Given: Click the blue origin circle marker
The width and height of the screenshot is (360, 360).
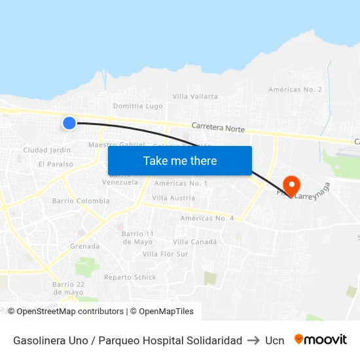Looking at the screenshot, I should [69, 122].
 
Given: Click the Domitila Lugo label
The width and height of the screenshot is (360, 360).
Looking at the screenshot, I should [137, 106].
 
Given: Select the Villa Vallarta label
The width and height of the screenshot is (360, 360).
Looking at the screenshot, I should [195, 96].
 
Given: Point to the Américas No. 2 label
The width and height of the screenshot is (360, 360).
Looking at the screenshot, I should [295, 89].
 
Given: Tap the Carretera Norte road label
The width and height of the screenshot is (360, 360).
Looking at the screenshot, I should [217, 128].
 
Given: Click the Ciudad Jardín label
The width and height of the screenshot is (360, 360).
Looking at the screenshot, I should [46, 150].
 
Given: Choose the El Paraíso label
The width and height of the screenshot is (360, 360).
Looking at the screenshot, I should [56, 164].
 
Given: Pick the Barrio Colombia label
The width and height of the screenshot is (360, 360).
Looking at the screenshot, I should [81, 201].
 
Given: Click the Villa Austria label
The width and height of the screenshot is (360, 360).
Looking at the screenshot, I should [173, 198].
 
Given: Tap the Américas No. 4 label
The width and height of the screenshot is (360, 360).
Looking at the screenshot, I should [207, 218].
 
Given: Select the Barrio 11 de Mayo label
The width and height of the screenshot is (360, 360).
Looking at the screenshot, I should [137, 238].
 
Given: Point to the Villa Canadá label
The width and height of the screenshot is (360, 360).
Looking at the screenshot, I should [194, 242].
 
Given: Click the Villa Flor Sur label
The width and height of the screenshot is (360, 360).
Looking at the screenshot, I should [165, 254].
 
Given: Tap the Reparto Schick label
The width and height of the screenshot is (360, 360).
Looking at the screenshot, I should [130, 277].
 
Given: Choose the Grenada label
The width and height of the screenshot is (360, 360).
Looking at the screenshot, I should [85, 246].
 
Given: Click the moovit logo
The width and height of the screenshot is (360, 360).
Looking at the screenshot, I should [320, 340].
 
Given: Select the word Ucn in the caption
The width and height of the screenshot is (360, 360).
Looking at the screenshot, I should [274, 340].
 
